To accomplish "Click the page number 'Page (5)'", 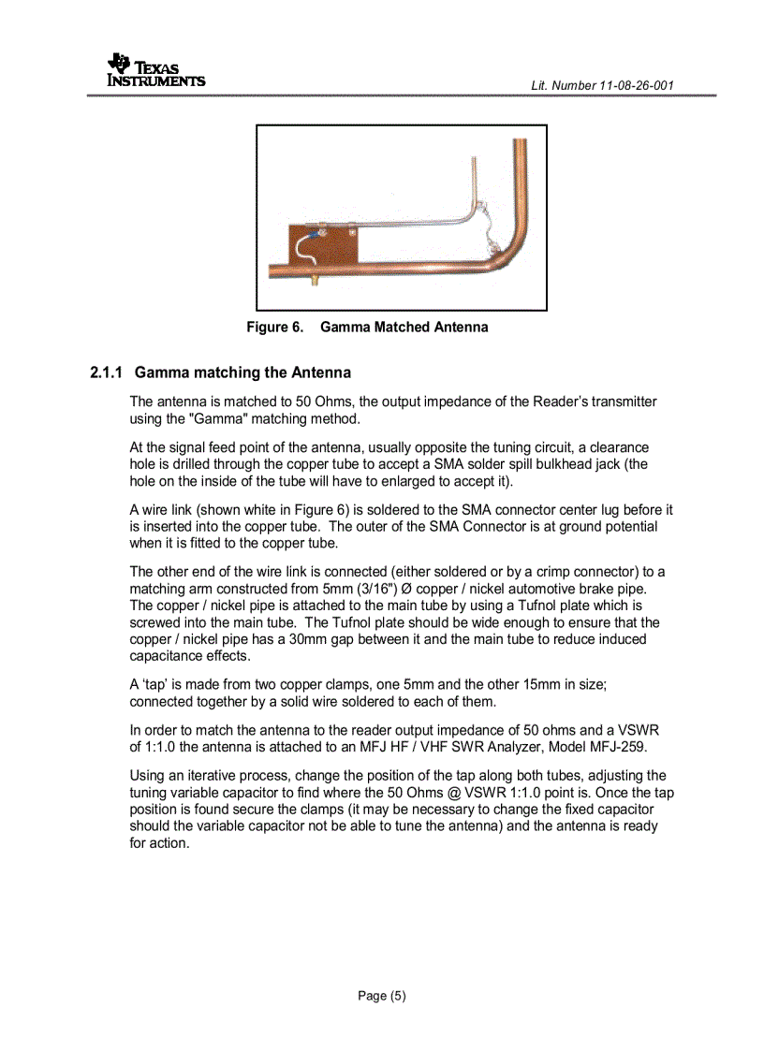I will (x=382, y=995).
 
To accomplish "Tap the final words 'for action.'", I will (x=159, y=842).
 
